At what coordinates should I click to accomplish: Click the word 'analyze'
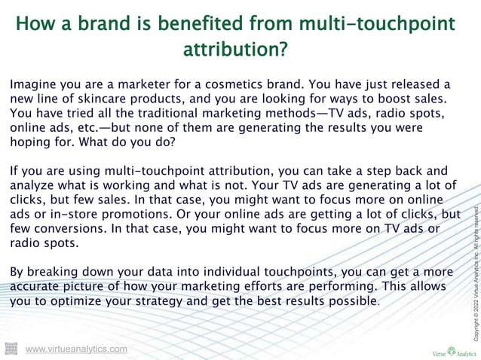(x=35, y=185)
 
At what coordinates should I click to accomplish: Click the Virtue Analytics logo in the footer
(x=450, y=350)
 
